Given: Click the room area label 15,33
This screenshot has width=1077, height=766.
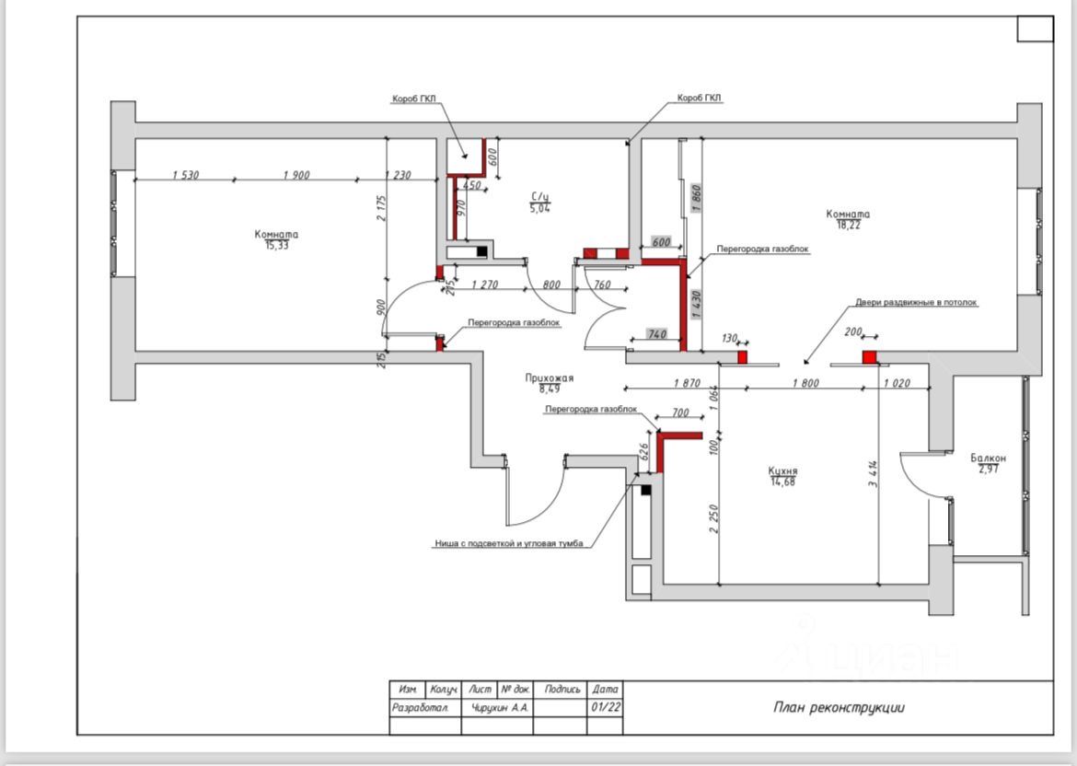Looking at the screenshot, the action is point(276,246).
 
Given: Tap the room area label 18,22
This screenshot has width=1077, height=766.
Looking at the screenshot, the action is point(848,225).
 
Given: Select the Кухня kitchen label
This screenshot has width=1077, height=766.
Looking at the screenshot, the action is point(782,471).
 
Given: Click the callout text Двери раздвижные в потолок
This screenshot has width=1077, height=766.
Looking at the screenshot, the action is point(916,302).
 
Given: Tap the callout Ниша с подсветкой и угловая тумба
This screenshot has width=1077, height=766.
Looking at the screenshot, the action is point(509,544).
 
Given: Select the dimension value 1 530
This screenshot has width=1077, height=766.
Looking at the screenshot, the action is point(185,175).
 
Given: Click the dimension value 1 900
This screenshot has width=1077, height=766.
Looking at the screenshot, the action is point(296,175).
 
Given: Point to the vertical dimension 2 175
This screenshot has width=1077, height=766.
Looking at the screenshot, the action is point(382,208).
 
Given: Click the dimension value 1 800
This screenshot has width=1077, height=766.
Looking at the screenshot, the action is point(806,383).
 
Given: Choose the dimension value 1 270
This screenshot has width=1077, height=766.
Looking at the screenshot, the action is point(484,284).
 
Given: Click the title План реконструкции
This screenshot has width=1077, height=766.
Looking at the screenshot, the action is point(839,707).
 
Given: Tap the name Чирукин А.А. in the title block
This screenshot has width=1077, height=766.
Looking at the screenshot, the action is point(500,707).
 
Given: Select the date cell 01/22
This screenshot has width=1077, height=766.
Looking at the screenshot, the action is point(605,707).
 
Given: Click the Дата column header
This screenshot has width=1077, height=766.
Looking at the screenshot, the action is point(605,689).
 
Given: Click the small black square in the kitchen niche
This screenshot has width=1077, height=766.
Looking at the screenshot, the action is point(645,490).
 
